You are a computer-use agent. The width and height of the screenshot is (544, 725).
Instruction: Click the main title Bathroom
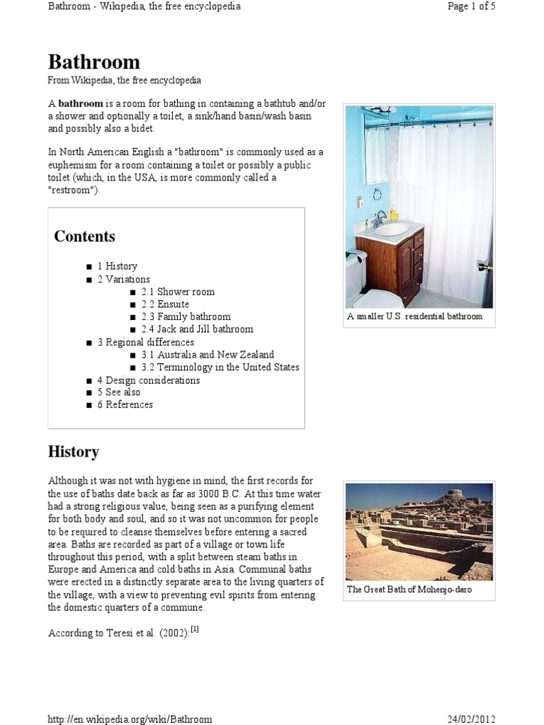(93, 62)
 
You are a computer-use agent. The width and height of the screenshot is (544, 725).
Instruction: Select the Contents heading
(84, 236)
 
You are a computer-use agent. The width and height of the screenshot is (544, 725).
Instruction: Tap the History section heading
(73, 452)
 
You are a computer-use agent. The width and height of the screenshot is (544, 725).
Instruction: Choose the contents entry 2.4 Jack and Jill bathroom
(196, 329)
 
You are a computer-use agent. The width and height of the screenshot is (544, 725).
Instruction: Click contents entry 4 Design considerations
(148, 380)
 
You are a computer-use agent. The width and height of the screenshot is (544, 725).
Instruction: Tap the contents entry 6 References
(125, 405)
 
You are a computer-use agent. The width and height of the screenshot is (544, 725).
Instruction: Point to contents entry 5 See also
(118, 392)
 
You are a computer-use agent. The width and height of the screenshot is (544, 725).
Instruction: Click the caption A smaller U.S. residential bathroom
(414, 316)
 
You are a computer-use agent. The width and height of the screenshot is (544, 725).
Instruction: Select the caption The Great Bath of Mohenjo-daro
(409, 590)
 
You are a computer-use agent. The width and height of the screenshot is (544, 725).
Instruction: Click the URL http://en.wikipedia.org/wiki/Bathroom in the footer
(130, 719)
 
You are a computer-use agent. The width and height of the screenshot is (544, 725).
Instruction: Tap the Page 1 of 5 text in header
(471, 6)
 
